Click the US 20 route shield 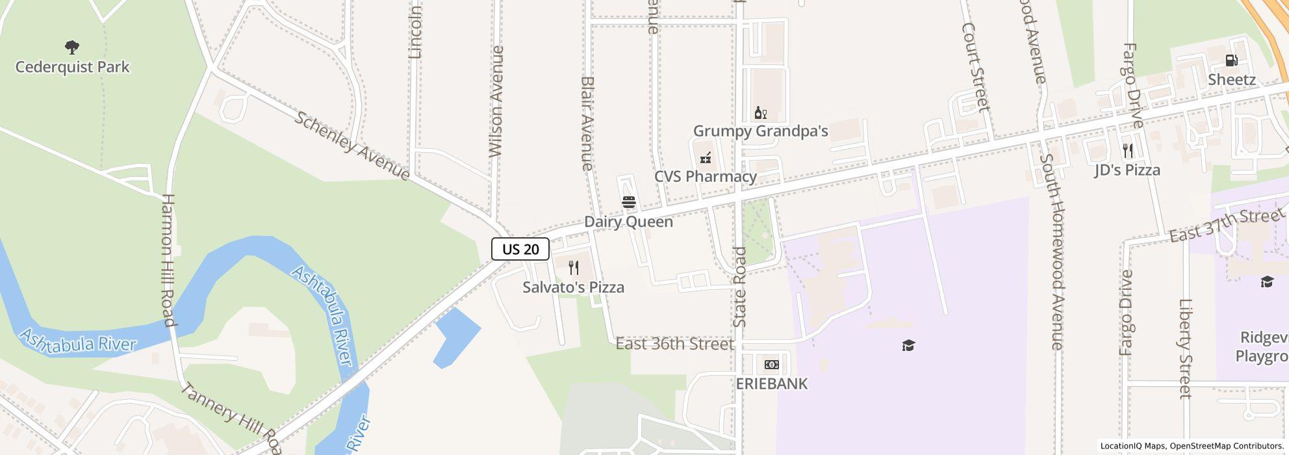click(x=520, y=249)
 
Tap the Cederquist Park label click(x=72, y=67)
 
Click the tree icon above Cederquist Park click(x=72, y=47)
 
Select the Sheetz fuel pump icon click(x=1231, y=60)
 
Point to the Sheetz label click(x=1231, y=80)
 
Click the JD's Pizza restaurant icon click(x=1128, y=151)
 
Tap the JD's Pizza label click(x=1127, y=170)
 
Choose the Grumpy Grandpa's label click(x=760, y=131)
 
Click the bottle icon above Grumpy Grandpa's click(x=760, y=113)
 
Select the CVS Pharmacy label click(x=705, y=177)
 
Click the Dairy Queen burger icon click(x=628, y=202)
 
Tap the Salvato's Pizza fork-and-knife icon click(x=574, y=268)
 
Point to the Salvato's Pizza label click(x=573, y=287)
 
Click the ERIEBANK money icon click(x=771, y=365)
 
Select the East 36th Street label click(x=674, y=344)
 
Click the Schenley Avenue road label click(x=352, y=146)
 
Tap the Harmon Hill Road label click(x=168, y=260)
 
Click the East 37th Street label click(x=1227, y=225)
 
